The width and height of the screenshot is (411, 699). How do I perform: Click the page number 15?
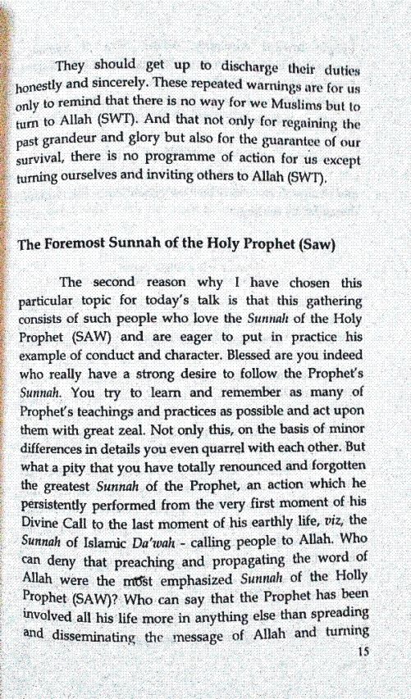tap(365, 651)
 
